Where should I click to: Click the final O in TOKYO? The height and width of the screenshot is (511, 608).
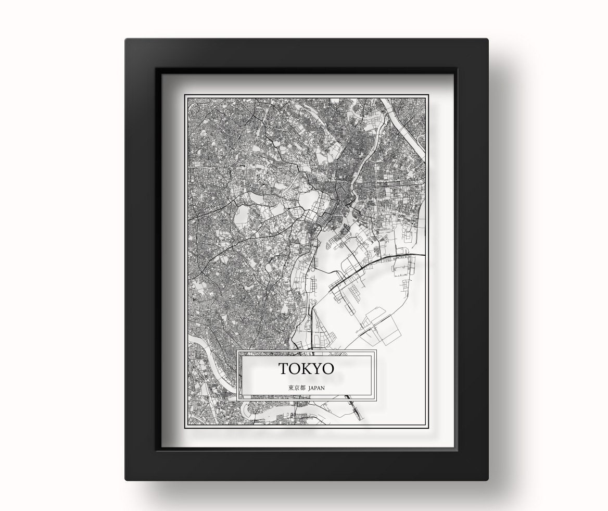click(327, 369)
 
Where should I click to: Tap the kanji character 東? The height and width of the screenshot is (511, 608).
click(290, 388)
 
